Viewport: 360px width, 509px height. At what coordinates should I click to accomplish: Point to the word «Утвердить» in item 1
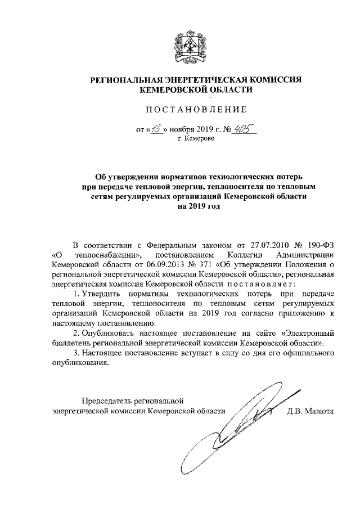pos(105,294)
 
